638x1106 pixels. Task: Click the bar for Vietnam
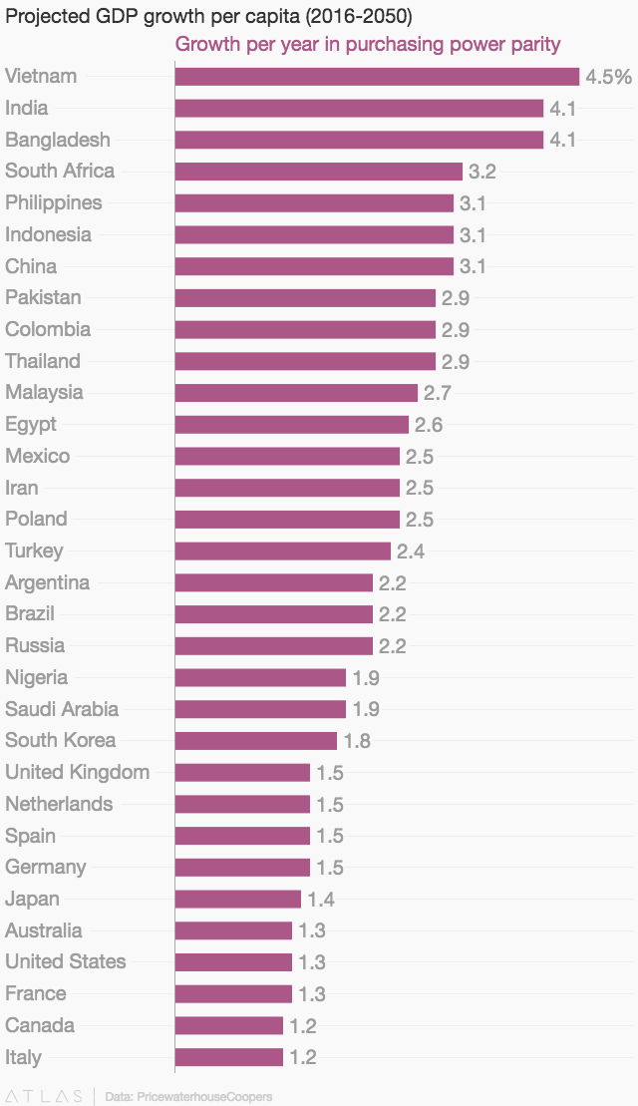coord(377,77)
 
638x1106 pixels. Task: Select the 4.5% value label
coord(608,77)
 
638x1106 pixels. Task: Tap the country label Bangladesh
coord(58,140)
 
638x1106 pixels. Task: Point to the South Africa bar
coord(318,172)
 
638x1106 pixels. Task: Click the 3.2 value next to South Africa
coord(482,172)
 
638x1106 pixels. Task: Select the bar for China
coord(314,266)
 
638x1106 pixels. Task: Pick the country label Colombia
coord(48,329)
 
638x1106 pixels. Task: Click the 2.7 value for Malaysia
coord(438,393)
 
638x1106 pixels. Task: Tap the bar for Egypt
coord(291,425)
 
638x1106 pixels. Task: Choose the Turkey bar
coord(282,552)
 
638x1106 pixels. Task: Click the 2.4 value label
coord(411,552)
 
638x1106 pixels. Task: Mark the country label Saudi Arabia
coord(62,709)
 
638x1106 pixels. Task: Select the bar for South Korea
coord(255,741)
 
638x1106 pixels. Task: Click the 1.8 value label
coord(357,741)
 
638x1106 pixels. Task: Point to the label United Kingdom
coord(77,772)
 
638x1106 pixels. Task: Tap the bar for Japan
coord(237,900)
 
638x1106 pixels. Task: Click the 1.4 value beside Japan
coord(321,900)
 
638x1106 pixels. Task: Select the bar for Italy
coord(228,1057)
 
